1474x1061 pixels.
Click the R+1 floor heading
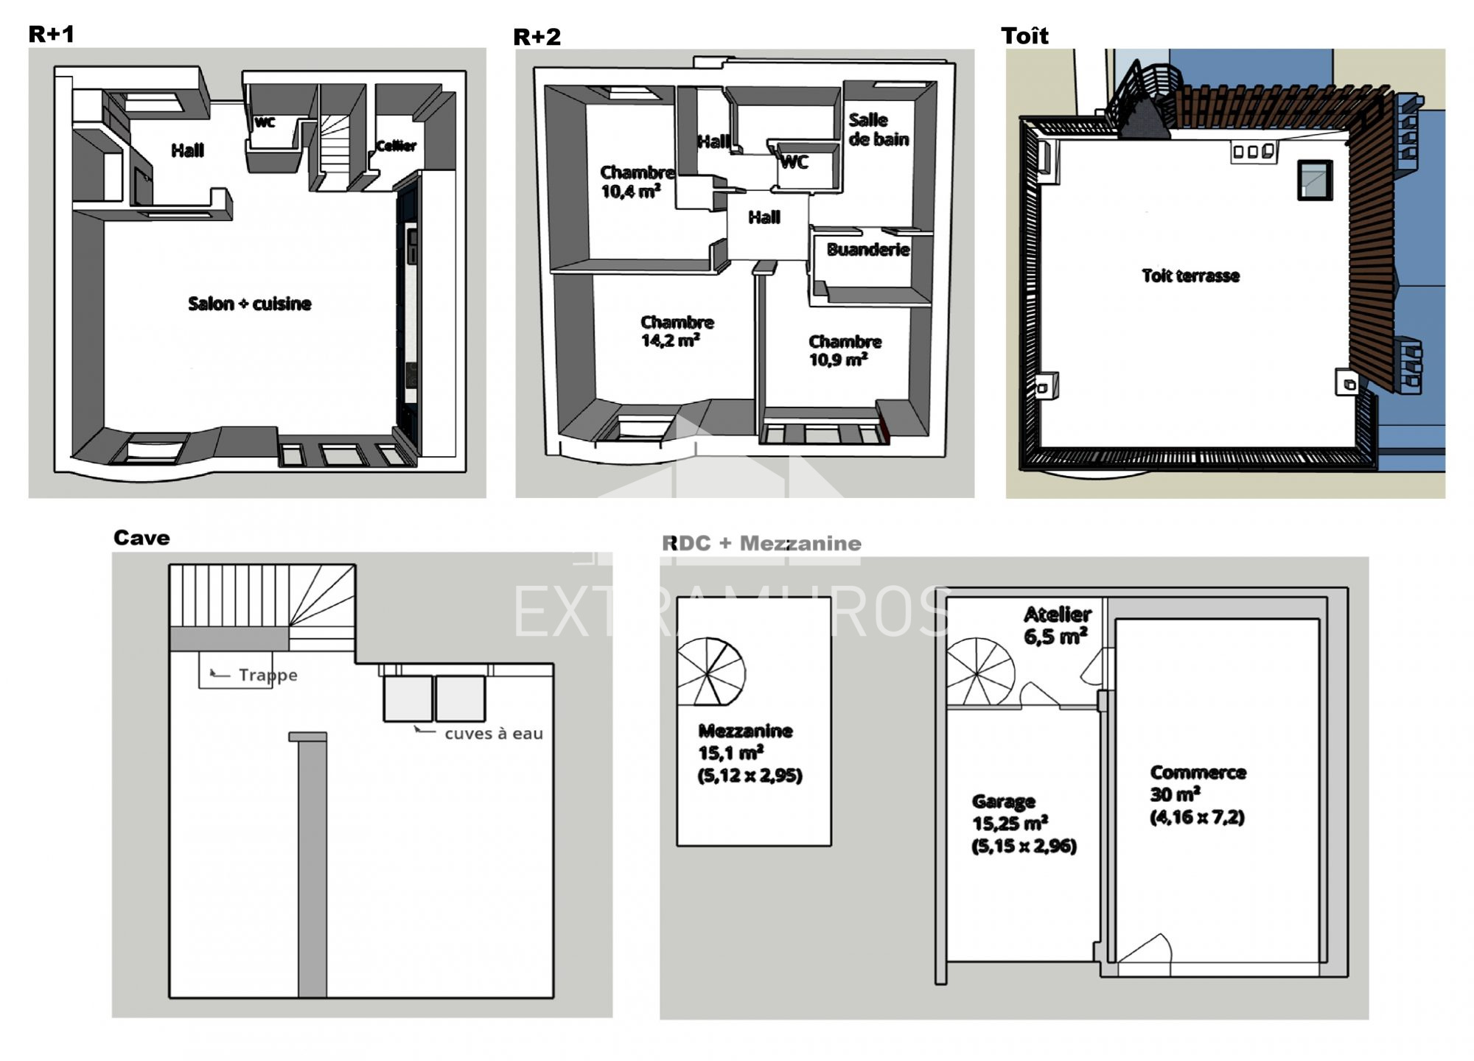(52, 34)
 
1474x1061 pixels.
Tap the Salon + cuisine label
(249, 304)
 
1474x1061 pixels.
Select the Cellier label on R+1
(397, 146)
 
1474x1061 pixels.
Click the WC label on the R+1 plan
(265, 122)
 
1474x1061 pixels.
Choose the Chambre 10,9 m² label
(845, 351)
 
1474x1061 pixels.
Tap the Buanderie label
(867, 250)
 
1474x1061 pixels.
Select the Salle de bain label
(878, 130)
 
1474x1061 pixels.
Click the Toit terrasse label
(1190, 276)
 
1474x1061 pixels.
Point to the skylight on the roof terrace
(1315, 180)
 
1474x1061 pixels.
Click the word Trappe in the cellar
(268, 675)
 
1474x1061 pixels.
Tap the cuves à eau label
(494, 734)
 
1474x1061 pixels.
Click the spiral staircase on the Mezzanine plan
(710, 671)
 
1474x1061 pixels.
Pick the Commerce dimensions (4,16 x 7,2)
(1197, 817)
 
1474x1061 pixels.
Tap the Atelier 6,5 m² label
(1057, 626)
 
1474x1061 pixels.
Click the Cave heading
(142, 538)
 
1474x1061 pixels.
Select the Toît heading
(1024, 35)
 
